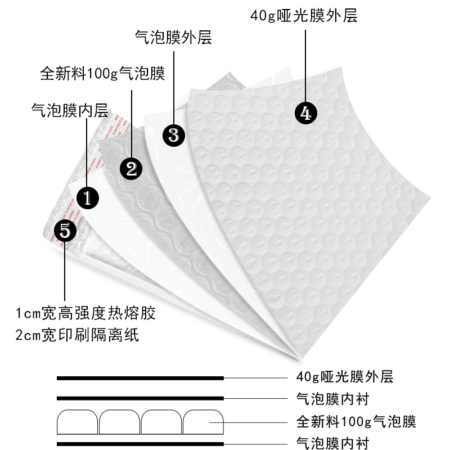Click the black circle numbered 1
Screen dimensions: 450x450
(x=88, y=197)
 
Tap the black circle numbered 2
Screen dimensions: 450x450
(x=131, y=168)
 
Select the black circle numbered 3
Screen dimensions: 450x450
(x=173, y=135)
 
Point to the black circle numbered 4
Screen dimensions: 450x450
(x=306, y=114)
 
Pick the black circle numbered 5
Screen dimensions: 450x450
(x=65, y=230)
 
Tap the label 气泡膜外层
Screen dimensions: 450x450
(x=173, y=38)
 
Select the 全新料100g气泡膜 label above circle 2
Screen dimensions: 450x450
(x=102, y=74)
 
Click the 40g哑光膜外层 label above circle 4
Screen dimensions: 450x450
(x=304, y=15)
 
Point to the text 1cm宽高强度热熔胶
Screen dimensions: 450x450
(x=85, y=313)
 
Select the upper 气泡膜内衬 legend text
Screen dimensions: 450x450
(x=332, y=399)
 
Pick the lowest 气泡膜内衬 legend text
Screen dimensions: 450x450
(x=332, y=443)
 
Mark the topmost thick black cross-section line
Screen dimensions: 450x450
(x=141, y=377)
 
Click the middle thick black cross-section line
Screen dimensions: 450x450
(x=141, y=399)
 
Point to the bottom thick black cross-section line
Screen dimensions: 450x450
(x=141, y=444)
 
